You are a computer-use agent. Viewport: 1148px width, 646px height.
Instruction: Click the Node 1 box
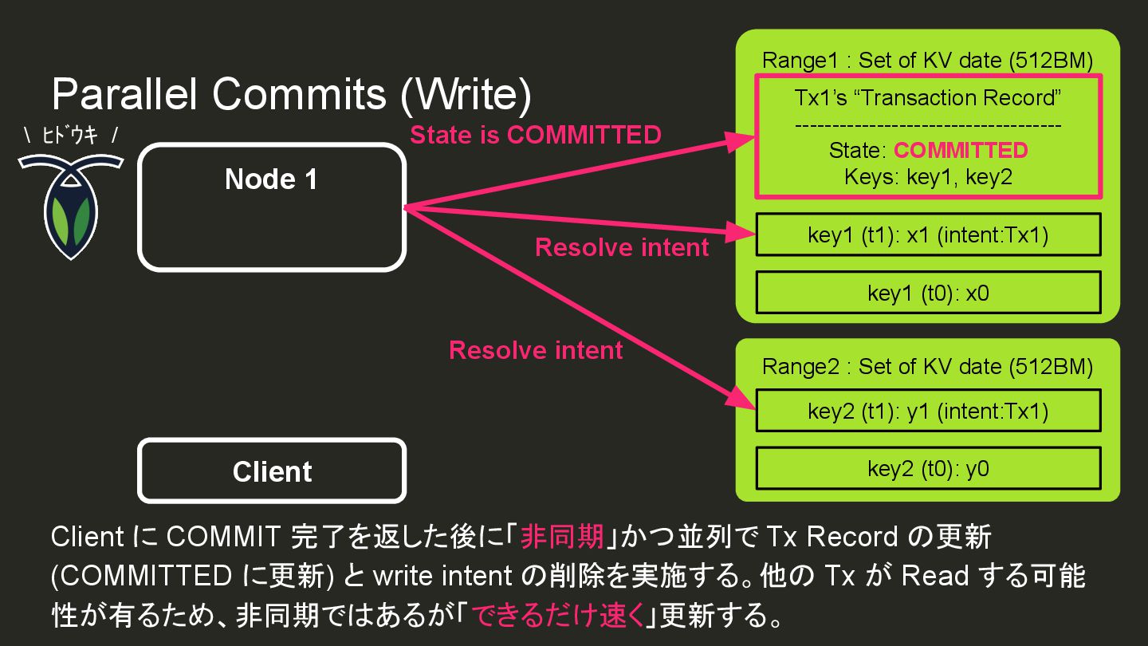tap(272, 207)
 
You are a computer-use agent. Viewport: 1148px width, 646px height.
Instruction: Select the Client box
tap(272, 471)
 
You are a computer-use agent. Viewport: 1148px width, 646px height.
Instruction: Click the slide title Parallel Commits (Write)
tap(291, 96)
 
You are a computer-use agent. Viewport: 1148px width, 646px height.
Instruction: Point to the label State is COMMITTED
tap(535, 135)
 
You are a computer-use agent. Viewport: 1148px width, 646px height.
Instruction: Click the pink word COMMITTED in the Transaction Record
tap(961, 151)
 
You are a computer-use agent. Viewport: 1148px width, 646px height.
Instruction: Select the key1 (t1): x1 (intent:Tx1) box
tap(928, 235)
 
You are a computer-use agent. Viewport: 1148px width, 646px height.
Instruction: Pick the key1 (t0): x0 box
tap(928, 293)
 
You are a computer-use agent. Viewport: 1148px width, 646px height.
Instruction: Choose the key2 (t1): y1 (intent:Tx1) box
tap(928, 411)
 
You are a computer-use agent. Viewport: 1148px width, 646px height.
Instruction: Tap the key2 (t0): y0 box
tap(928, 468)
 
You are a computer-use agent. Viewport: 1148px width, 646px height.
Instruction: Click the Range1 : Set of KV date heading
tap(927, 61)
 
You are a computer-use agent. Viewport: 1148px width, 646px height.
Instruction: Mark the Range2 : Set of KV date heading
tap(927, 367)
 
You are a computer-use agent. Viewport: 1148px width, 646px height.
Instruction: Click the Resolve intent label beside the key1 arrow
tap(622, 247)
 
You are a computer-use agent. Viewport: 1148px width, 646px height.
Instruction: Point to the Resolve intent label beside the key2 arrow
tap(536, 350)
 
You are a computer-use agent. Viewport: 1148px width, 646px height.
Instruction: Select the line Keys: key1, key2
tap(928, 176)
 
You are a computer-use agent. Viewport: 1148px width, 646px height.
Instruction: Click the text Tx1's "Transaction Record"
tap(928, 98)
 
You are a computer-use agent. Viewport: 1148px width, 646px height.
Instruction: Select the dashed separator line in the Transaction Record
tap(928, 125)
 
